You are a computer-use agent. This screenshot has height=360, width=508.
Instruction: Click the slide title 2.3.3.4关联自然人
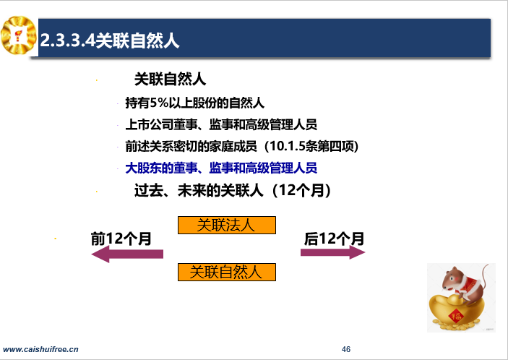(x=110, y=40)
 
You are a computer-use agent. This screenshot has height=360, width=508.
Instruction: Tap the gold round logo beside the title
(x=19, y=35)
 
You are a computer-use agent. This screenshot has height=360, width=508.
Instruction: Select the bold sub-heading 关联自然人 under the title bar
(x=170, y=80)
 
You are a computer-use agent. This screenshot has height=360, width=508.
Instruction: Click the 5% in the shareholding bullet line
(x=159, y=103)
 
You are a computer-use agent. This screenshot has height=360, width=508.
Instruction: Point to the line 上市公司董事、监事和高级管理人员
(x=221, y=124)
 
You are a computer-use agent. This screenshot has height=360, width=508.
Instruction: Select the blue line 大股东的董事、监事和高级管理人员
(x=221, y=168)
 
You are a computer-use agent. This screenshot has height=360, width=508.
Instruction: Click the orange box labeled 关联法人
(x=227, y=226)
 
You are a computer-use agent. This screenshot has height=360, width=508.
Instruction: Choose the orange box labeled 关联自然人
(x=227, y=273)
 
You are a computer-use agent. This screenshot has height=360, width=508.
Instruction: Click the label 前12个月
(x=121, y=239)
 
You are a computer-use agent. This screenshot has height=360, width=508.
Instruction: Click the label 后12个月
(x=334, y=239)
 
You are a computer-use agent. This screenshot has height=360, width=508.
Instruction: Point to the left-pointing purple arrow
(x=127, y=254)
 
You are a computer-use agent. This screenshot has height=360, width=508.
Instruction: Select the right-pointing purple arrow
(x=332, y=252)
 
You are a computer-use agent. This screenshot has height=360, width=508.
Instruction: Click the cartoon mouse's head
(x=454, y=279)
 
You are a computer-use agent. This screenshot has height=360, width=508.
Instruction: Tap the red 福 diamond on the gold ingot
(x=456, y=315)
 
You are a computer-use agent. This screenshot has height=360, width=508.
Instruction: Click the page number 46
(x=346, y=349)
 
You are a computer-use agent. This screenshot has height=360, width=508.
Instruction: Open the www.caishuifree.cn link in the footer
(x=40, y=349)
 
